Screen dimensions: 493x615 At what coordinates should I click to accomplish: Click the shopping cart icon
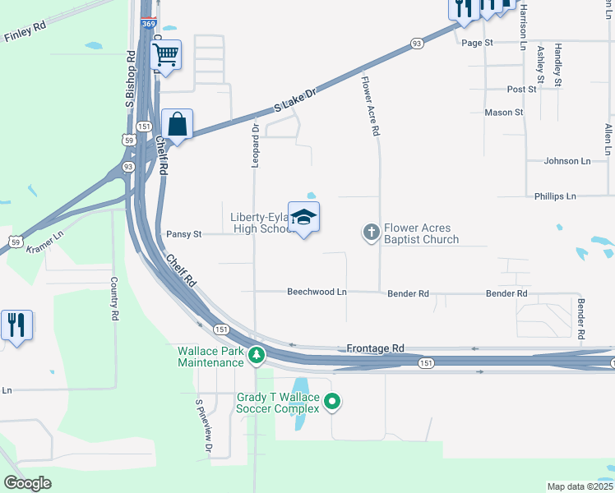pyautogui.click(x=166, y=56)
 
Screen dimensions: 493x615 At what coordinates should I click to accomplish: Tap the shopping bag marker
pyautogui.click(x=177, y=125)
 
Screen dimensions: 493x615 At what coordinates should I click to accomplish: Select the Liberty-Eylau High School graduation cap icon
pyautogui.click(x=303, y=218)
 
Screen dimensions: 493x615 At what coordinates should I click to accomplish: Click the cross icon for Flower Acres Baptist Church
pyautogui.click(x=371, y=233)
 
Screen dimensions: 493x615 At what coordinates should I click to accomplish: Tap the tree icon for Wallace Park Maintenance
pyautogui.click(x=257, y=356)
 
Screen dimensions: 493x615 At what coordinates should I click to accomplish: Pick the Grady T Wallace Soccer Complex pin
pyautogui.click(x=332, y=402)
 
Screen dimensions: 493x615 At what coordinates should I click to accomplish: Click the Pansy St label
pyautogui.click(x=183, y=234)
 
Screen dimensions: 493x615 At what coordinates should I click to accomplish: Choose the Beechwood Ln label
pyautogui.click(x=317, y=293)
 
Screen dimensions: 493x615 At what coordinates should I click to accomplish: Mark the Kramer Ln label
pyautogui.click(x=44, y=246)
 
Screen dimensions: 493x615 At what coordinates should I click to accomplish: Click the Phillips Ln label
pyautogui.click(x=555, y=196)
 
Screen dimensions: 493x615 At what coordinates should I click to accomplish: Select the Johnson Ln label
pyautogui.click(x=567, y=161)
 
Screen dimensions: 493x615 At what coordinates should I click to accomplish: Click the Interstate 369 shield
pyautogui.click(x=148, y=24)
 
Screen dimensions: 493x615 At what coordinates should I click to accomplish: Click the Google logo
pyautogui.click(x=27, y=483)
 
